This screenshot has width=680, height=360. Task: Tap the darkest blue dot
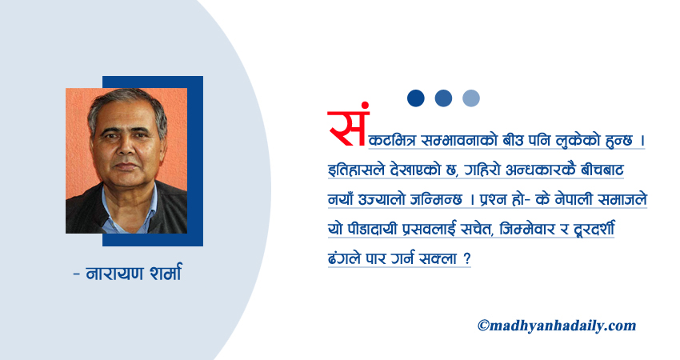(416, 98)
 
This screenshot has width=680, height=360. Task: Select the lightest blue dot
(471, 98)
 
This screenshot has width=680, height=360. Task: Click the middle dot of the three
(443, 98)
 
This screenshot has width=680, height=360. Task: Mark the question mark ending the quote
(466, 258)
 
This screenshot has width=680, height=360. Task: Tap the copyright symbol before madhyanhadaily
(483, 325)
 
